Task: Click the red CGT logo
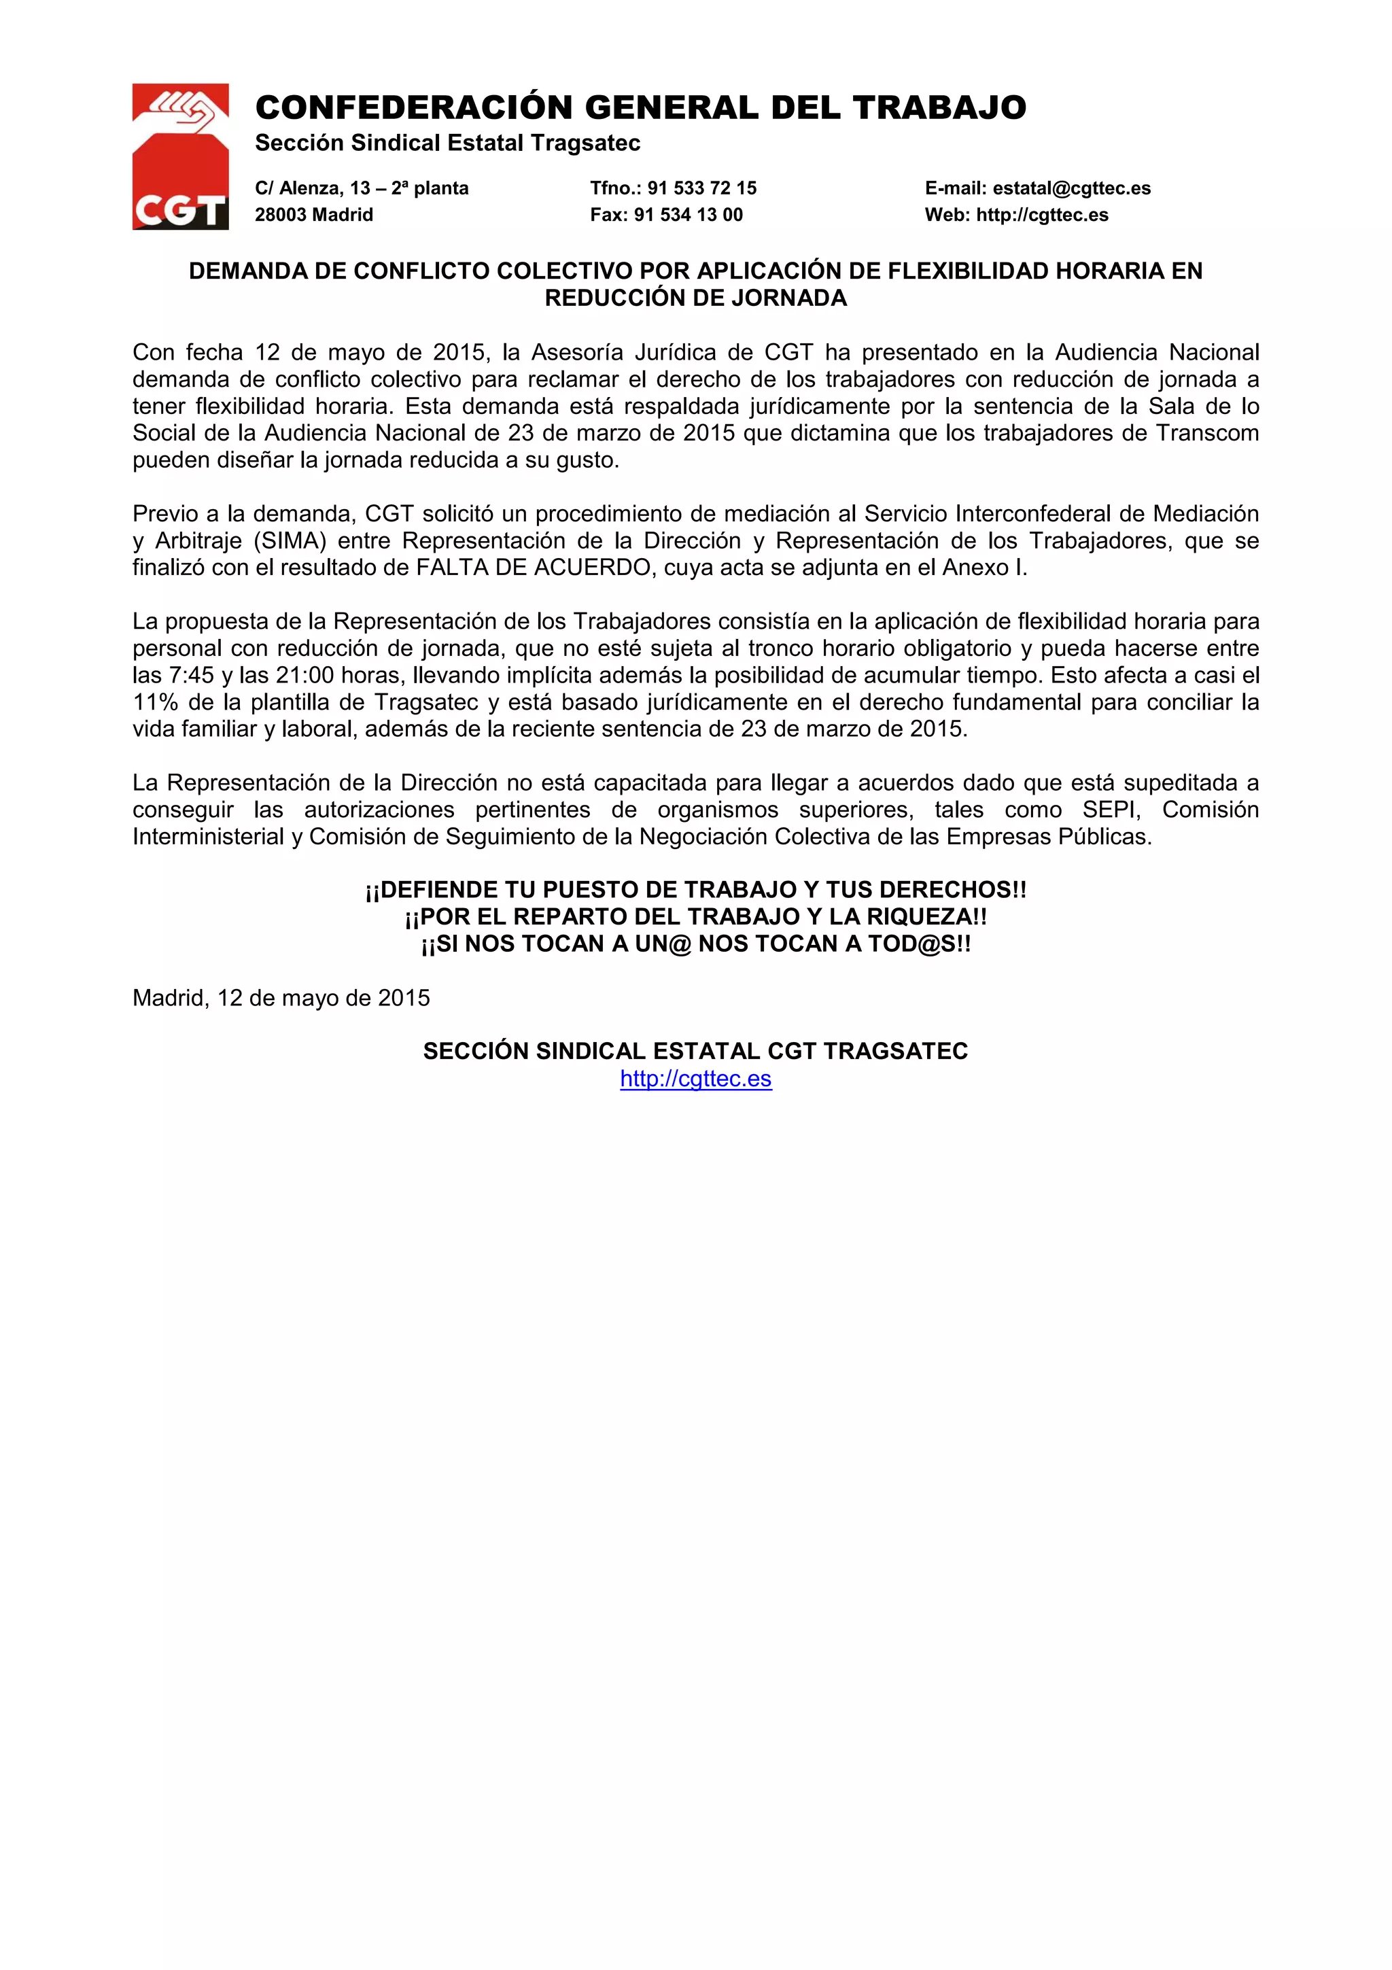point(180,157)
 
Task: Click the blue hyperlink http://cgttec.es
point(695,1079)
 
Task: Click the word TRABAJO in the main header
point(939,108)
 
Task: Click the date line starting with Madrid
point(281,998)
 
